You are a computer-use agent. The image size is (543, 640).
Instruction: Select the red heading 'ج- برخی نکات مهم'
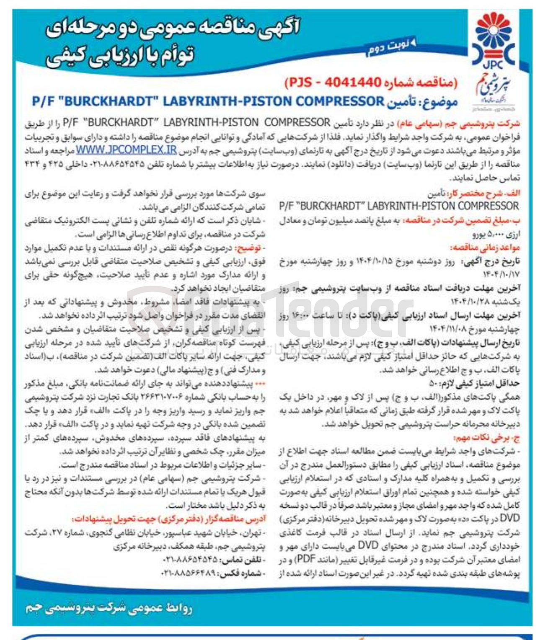tap(487, 438)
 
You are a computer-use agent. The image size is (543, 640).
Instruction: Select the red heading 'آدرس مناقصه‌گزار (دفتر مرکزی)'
tap(169, 519)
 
